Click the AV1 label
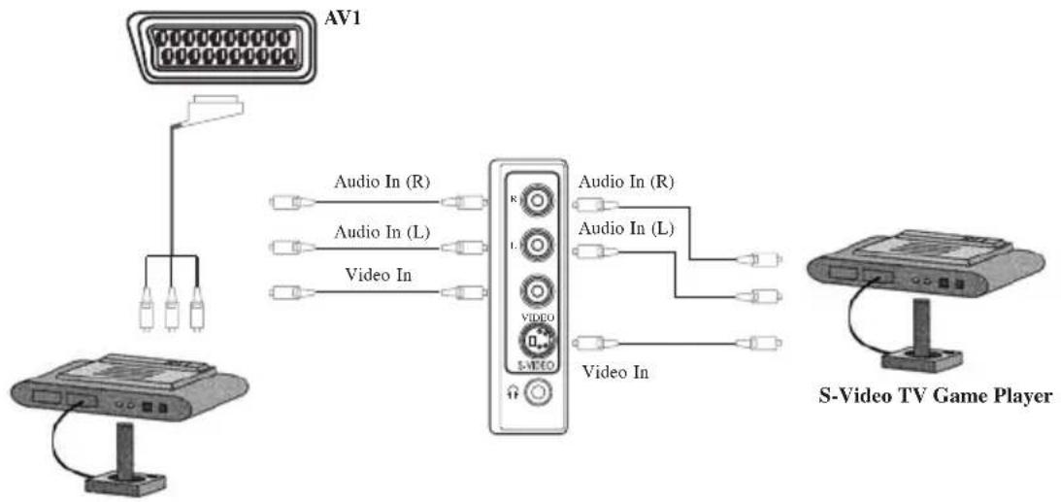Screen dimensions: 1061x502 (343, 17)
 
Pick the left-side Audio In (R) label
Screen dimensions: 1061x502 (382, 182)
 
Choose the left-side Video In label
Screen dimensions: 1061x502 (379, 275)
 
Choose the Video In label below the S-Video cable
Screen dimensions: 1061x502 (615, 372)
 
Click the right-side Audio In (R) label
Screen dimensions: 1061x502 (625, 182)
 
